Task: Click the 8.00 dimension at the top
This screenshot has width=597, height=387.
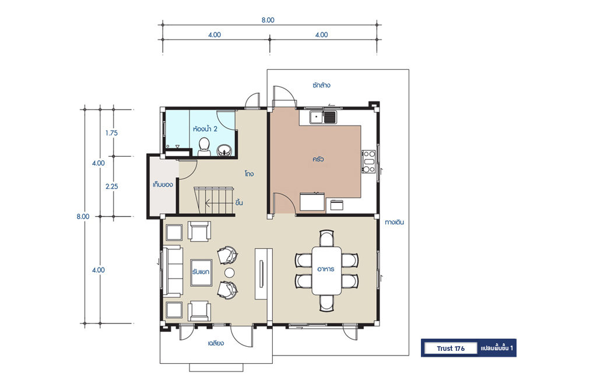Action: click(268, 20)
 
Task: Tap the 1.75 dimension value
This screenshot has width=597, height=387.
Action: click(111, 133)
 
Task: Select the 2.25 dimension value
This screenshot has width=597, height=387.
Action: click(111, 187)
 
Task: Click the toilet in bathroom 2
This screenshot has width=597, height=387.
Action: click(205, 147)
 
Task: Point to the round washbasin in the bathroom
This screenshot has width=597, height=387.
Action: click(224, 151)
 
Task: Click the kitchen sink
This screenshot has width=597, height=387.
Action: click(323, 117)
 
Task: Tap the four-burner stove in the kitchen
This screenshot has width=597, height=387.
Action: click(368, 161)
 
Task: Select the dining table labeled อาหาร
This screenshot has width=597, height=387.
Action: click(326, 270)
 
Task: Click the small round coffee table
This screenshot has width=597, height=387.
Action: click(229, 272)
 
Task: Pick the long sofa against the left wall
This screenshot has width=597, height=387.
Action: click(173, 272)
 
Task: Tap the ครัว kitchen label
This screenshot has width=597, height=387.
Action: click(318, 159)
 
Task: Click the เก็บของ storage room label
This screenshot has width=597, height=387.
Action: click(163, 185)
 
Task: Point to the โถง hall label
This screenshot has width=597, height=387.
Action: click(249, 174)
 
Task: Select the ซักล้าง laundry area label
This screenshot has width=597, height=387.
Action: click(321, 85)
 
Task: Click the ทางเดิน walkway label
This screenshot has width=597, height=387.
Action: click(394, 222)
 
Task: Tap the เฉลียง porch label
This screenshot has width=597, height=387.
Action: click(216, 343)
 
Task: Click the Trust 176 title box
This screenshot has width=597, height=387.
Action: click(451, 348)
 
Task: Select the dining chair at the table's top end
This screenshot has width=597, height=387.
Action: click(326, 238)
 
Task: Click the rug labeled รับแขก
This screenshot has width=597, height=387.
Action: click(201, 272)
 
